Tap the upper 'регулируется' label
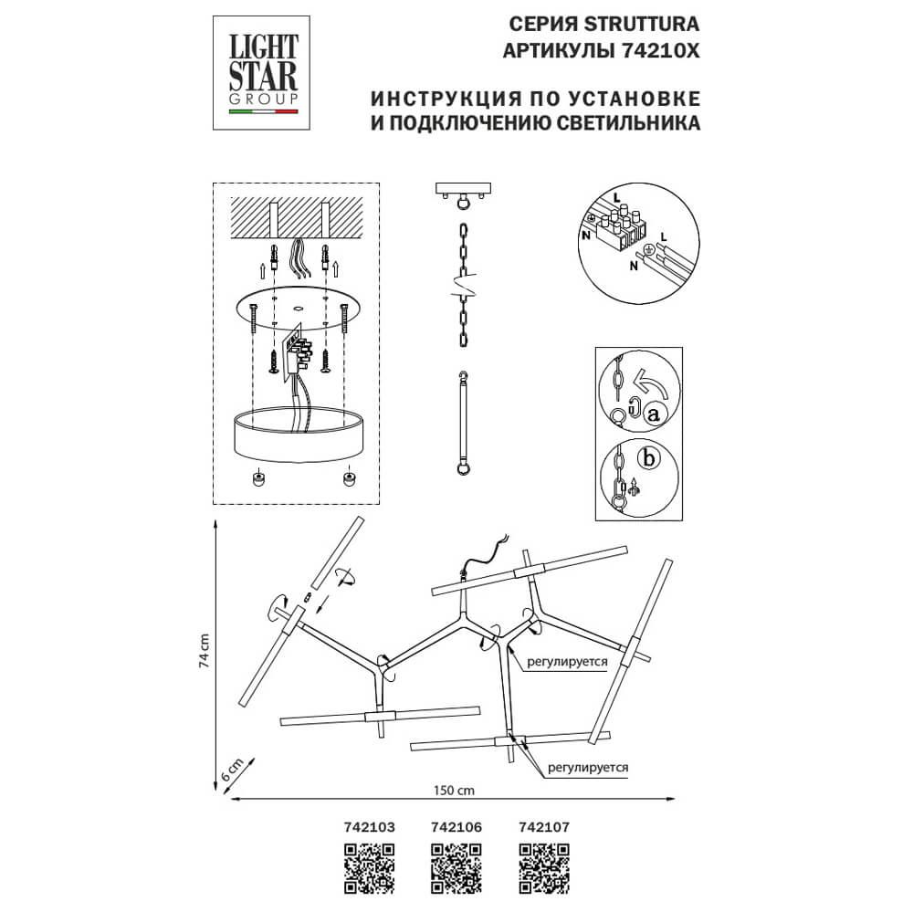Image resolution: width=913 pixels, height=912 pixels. click(567, 665)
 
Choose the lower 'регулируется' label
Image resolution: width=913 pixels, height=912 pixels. click(589, 769)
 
